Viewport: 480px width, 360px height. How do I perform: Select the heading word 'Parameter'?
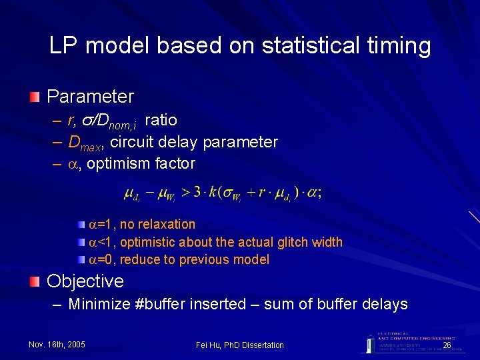click(90, 97)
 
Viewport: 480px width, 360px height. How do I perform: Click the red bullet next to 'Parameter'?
click(34, 97)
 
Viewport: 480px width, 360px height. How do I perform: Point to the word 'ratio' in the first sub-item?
click(161, 120)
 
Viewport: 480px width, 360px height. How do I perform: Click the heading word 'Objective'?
click(85, 281)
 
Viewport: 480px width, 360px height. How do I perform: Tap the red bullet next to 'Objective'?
click(34, 281)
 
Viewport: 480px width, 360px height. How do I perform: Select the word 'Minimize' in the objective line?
click(99, 305)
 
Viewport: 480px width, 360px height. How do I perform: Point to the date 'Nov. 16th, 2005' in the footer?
click(57, 345)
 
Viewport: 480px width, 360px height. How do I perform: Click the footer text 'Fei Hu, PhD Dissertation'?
click(240, 345)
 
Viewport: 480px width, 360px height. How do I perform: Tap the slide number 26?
click(447, 345)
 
